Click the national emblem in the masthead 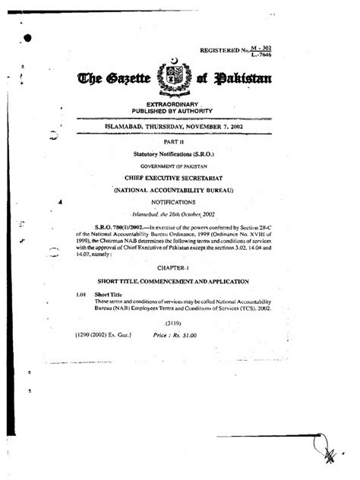[180, 77]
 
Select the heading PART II [180, 141]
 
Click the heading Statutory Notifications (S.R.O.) [180, 153]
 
